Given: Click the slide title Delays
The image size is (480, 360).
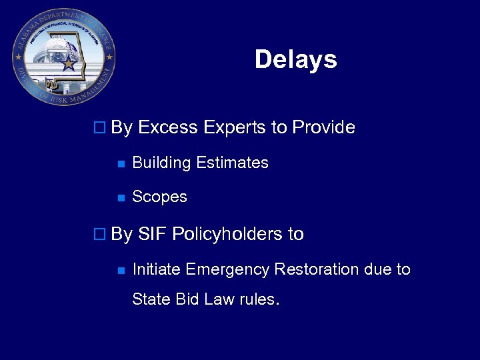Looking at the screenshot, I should coord(295,60).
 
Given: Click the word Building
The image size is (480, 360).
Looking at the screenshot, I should coord(157,163).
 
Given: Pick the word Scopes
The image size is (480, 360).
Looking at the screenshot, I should coord(159,197).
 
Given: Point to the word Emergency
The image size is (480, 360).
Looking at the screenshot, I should coord(229,269).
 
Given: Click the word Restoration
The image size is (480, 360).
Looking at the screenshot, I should coord(317,269).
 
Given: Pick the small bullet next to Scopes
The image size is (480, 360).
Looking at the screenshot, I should coord(120,198).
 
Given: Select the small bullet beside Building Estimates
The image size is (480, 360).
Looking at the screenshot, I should coord(120,163).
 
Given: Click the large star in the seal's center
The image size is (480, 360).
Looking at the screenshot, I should coord(68,64).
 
